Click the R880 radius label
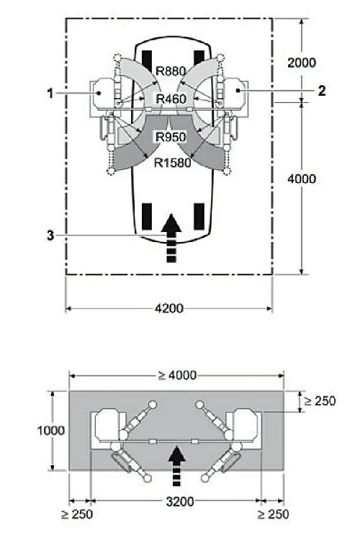click(x=171, y=71)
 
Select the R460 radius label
click(x=171, y=99)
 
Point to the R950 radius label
click(x=171, y=137)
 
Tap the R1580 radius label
click(x=172, y=163)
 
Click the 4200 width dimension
click(x=169, y=308)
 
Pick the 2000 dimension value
click(x=302, y=63)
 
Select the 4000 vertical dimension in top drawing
click(x=302, y=179)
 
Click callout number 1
click(x=50, y=93)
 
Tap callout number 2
click(x=322, y=91)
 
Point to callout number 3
click(x=50, y=236)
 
